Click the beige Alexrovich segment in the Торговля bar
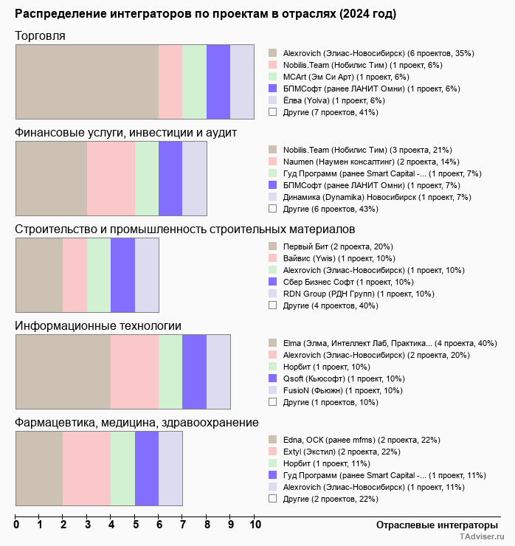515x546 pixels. [87, 82]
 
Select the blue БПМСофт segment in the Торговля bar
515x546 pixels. [218, 82]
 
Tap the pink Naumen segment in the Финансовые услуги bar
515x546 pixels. [111, 179]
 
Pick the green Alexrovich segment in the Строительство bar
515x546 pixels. [99, 275]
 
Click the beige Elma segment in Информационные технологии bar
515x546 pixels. [63, 372]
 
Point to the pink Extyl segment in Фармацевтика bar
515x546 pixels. [87, 469]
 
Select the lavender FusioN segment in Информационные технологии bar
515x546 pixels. [218, 372]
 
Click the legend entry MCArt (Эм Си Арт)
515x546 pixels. [346, 77]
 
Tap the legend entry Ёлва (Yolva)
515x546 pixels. [334, 100]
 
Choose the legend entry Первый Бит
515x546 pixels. [338, 246]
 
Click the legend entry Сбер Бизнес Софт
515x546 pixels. [348, 282]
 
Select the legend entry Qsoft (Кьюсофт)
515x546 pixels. [344, 379]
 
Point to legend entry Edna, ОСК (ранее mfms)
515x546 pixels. [362, 440]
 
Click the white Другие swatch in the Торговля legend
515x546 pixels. [273, 111]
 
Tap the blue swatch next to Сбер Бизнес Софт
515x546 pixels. [273, 281]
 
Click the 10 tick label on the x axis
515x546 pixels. [255, 525]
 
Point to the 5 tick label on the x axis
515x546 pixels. [136, 525]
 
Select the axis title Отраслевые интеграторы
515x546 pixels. [437, 525]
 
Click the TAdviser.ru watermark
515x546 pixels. [482, 536]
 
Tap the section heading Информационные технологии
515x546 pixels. [98, 326]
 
